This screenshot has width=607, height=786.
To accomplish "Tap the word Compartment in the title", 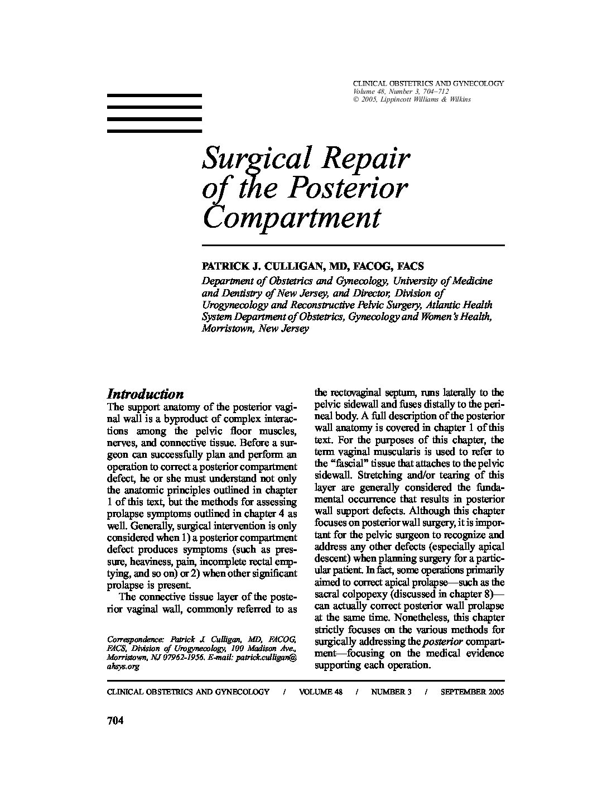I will (292, 218).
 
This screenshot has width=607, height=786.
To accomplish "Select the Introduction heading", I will (145, 394).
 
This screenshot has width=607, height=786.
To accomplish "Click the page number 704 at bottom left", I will (114, 721).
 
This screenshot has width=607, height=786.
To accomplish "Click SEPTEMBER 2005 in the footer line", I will (472, 692).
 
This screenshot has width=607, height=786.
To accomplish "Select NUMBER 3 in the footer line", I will (391, 692).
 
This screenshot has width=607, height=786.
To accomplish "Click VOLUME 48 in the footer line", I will (320, 692).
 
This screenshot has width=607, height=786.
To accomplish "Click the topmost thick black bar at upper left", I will (154, 96).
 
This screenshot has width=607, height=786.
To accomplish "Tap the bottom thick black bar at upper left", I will (154, 131).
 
